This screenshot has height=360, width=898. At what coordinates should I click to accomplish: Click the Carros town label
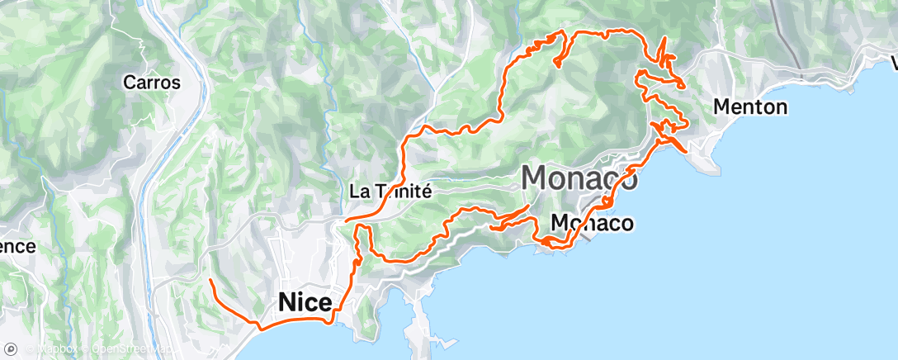[151, 82]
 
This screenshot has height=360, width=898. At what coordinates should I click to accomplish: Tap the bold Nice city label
[305, 302]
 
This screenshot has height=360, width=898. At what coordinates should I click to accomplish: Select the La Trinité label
[390, 191]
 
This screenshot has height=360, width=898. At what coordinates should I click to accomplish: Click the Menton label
[749, 107]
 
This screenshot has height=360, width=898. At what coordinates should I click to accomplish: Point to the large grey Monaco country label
[579, 178]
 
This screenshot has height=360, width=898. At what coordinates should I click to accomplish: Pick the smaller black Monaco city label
[592, 223]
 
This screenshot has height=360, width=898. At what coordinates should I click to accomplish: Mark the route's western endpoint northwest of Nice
[210, 282]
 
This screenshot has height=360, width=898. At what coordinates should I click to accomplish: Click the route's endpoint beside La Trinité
[346, 220]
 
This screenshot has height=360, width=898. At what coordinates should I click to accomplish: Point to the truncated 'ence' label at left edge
[17, 246]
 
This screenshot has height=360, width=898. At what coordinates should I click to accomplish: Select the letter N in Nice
[288, 302]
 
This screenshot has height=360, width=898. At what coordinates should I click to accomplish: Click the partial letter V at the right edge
[894, 63]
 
